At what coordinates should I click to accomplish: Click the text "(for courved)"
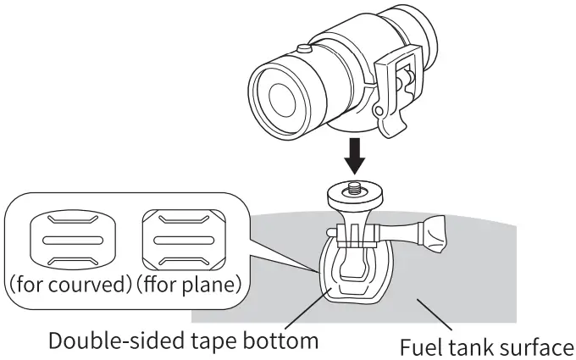(x=69, y=285)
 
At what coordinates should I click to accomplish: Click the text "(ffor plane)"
(x=186, y=285)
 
